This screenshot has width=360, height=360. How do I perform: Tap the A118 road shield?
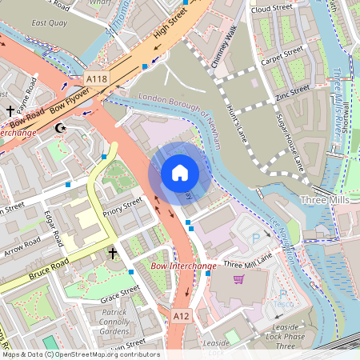pyautogui.click(x=95, y=78)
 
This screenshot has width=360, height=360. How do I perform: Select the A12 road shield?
pyautogui.click(x=182, y=317)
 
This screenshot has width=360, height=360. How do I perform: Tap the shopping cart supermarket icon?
pyautogui.click(x=238, y=279)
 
